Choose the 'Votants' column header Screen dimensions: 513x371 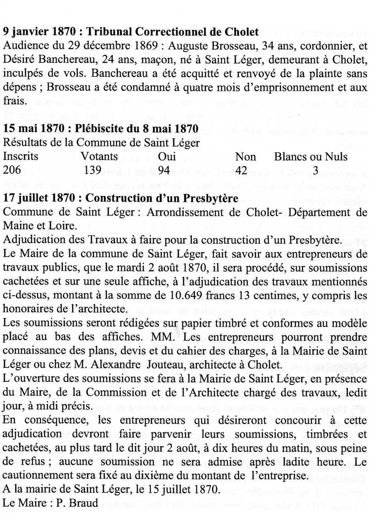coord(99,157)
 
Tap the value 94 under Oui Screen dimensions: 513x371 coord(165,170)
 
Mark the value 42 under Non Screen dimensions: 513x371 coord(241,170)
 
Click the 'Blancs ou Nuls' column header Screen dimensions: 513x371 coord(311,157)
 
